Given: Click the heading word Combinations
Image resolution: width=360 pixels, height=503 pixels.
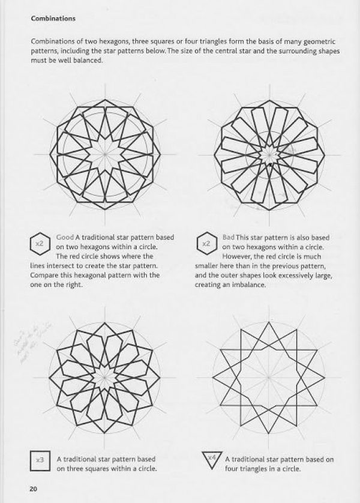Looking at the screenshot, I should pyautogui.click(x=53, y=19).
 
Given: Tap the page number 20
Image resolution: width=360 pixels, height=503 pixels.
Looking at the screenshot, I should pyautogui.click(x=33, y=487).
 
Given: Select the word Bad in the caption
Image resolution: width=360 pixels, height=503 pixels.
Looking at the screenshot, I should pyautogui.click(x=228, y=238).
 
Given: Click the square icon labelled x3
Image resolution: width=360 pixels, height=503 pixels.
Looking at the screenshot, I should pyautogui.click(x=40, y=460).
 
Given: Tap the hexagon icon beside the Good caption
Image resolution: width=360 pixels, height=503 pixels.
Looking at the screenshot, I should pyautogui.click(x=40, y=243).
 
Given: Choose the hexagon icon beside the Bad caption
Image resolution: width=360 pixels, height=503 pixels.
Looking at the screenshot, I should pyautogui.click(x=205, y=243).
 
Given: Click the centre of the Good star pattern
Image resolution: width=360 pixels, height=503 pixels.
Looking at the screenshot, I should pyautogui.click(x=106, y=154).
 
